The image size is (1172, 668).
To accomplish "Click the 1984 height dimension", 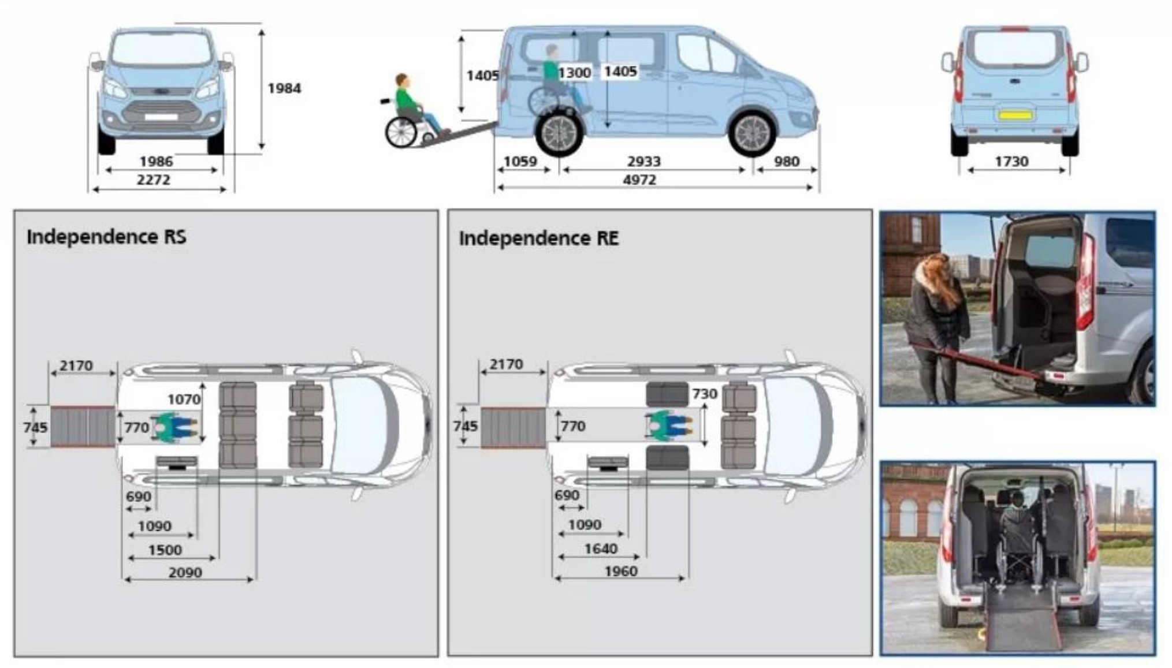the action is [284, 88].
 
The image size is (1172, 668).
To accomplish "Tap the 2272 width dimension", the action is [154, 180].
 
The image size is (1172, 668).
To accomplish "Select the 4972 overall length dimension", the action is [639, 180].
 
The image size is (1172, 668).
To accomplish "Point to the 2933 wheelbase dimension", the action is [643, 162].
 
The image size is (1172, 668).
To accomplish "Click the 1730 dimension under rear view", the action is [1011, 162].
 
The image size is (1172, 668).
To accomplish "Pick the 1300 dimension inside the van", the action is [574, 73].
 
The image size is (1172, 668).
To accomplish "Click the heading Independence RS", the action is [106, 237].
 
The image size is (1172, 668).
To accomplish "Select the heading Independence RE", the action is [538, 238].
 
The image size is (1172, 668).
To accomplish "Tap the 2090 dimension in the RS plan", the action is [185, 573].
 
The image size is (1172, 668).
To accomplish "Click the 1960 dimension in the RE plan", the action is [621, 572].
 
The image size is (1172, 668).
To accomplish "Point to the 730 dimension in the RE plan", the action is [705, 394].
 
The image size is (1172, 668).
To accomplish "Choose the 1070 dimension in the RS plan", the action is [184, 400].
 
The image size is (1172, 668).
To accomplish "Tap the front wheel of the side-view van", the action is [752, 133].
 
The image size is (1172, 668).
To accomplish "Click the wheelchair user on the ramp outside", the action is [412, 111].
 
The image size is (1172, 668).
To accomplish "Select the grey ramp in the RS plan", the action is [83, 427].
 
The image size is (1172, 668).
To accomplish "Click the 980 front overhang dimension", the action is [786, 162].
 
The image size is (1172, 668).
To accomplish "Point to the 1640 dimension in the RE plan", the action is [601, 549].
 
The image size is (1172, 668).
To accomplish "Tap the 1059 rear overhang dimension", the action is [520, 162].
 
